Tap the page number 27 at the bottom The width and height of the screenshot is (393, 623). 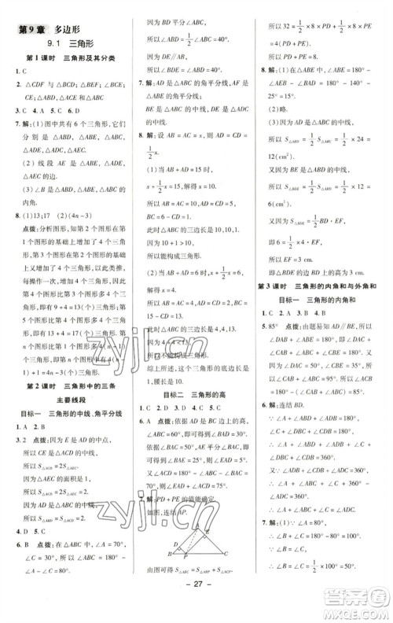point(196,608)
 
